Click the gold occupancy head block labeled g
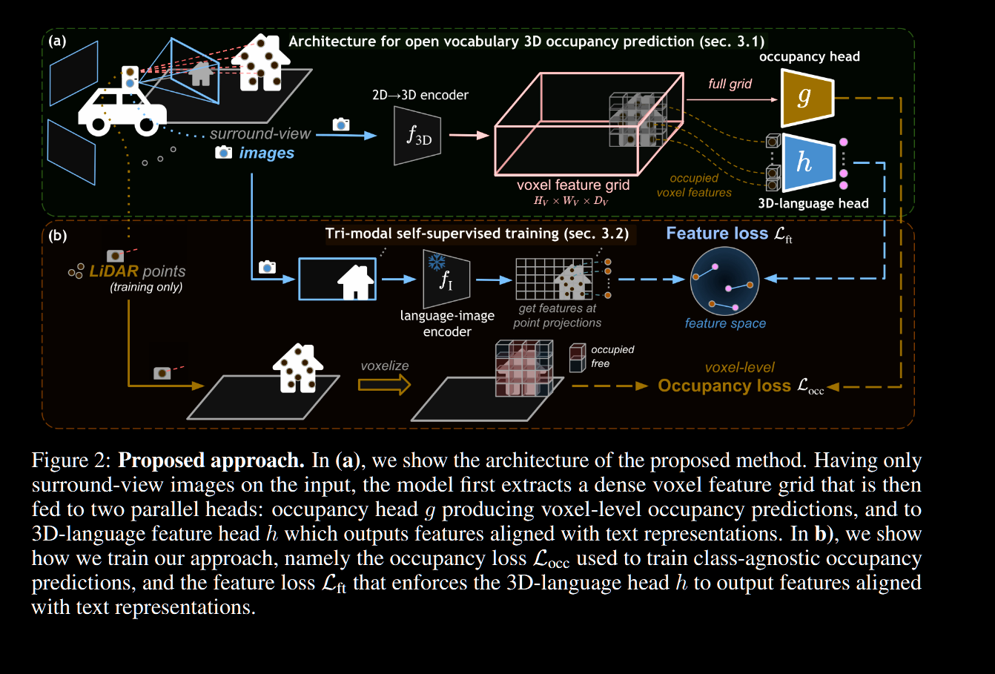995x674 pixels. [807, 97]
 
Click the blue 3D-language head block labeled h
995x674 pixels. [806, 161]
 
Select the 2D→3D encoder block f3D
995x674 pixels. [417, 136]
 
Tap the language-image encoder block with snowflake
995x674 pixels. [446, 279]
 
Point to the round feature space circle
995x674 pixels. [724, 283]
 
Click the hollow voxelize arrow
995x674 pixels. [384, 384]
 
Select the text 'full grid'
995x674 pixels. [730, 84]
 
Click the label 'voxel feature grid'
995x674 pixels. [573, 185]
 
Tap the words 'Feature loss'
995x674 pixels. [716, 234]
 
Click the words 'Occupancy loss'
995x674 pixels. [724, 386]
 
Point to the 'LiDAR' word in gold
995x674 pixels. [113, 271]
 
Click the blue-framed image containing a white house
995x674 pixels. [337, 279]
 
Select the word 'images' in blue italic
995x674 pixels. [266, 153]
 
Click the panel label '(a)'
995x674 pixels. [57, 42]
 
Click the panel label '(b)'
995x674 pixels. [57, 236]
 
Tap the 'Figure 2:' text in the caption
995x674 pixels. [71, 460]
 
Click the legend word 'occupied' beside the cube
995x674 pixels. [612, 350]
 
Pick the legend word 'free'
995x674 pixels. [601, 363]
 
